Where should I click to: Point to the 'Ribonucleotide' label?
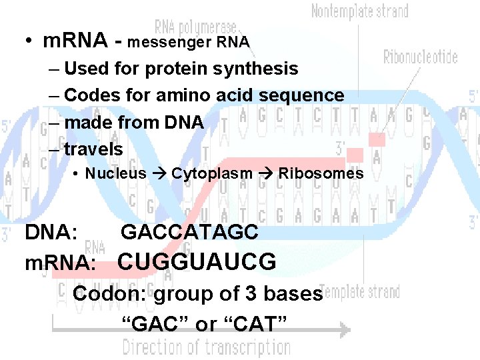tap(420, 57)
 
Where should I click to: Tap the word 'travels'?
tap(94, 149)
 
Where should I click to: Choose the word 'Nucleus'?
tap(115, 174)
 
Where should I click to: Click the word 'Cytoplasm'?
tap(212, 174)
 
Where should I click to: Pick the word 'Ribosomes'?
tap(321, 174)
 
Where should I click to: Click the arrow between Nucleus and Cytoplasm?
tap(159, 174)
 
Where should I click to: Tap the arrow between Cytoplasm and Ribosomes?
tap(265, 174)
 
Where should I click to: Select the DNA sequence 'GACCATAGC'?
tap(189, 232)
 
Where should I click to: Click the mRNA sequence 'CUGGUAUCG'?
tap(197, 262)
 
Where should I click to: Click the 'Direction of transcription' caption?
tap(207, 347)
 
